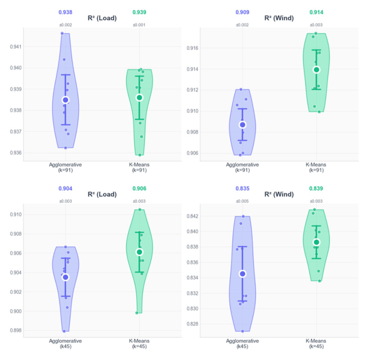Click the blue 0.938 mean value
(65, 12)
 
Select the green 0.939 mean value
(139, 12)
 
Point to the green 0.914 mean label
(316, 12)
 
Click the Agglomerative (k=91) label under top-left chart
(65, 167)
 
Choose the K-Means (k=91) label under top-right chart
(316, 167)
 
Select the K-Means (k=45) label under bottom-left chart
(139, 343)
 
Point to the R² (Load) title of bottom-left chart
(102, 195)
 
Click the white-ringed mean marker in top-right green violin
(316, 70)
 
